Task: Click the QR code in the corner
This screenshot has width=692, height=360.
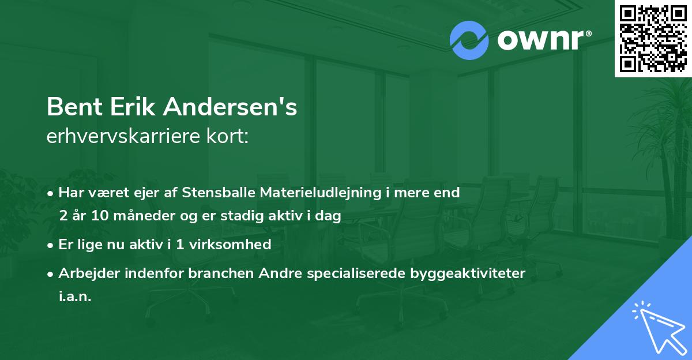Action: click(x=653, y=38)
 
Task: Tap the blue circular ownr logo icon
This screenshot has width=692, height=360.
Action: click(x=469, y=40)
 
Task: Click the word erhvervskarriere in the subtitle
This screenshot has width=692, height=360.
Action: click(x=125, y=137)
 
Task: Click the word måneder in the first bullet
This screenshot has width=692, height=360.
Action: click(x=139, y=217)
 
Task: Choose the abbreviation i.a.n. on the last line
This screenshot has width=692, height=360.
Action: click(x=75, y=297)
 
